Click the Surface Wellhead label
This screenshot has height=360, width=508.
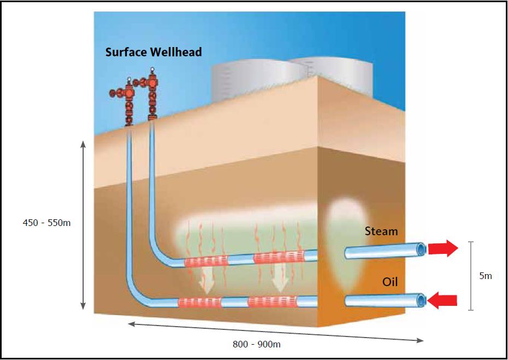click(154, 53)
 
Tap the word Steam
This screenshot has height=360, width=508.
click(381, 231)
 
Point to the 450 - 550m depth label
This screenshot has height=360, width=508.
click(46, 223)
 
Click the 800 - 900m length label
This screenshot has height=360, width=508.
click(256, 344)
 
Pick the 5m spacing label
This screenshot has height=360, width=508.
click(485, 276)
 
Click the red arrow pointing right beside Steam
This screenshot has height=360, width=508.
click(443, 248)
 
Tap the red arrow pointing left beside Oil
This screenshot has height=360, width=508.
click(443, 300)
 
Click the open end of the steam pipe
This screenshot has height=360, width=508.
click(422, 249)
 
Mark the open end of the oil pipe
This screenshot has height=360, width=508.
click(422, 300)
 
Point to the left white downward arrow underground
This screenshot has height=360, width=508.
click(206, 280)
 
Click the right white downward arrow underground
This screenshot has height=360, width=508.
click(280, 280)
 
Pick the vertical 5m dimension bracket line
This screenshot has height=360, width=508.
click(471, 276)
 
